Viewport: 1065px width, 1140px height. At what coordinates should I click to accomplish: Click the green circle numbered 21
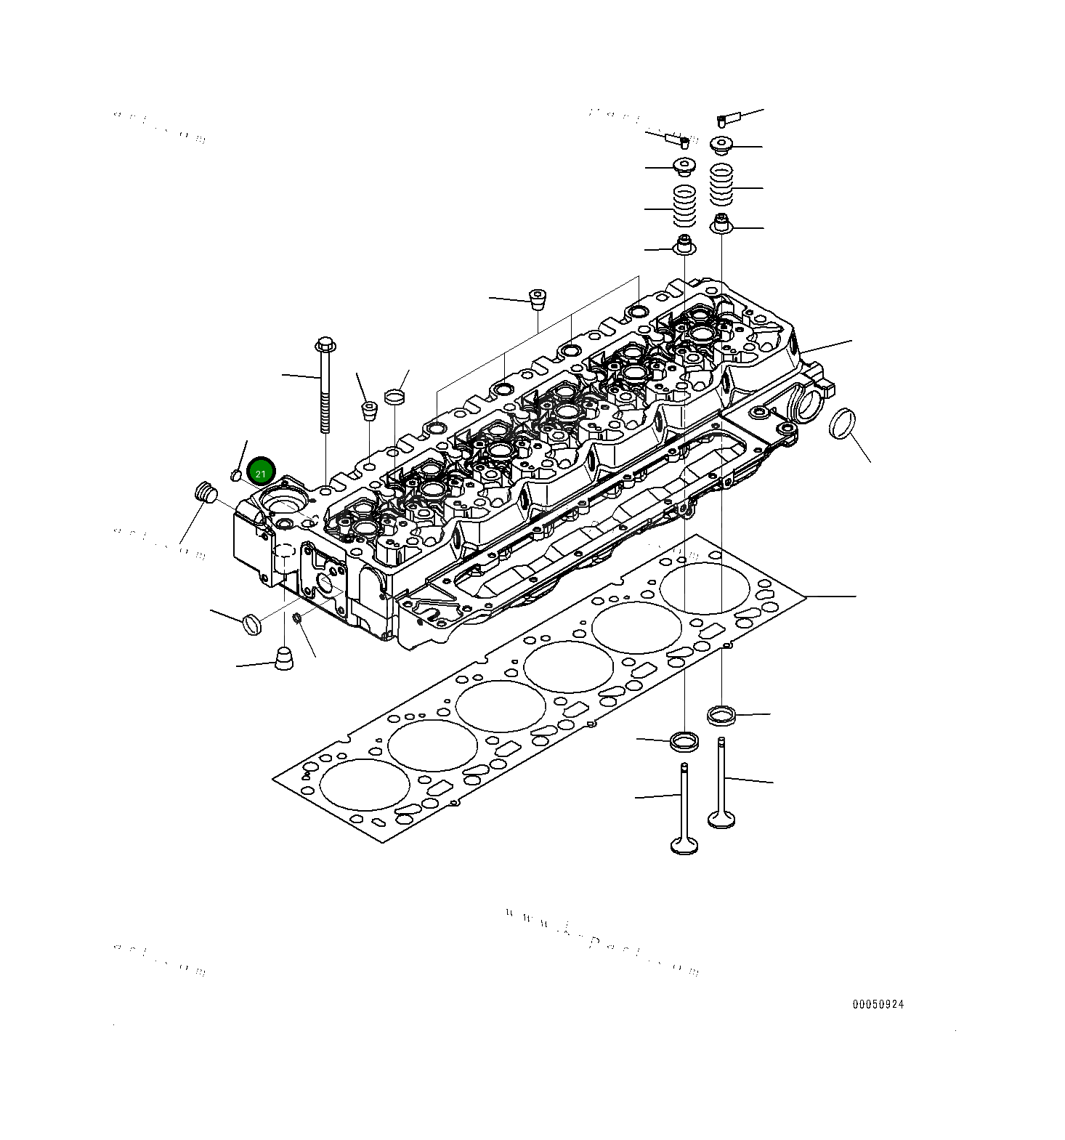[x=261, y=472]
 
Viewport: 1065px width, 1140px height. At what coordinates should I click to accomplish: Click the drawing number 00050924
[x=878, y=1004]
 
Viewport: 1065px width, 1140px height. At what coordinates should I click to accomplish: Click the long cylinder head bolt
[x=325, y=385]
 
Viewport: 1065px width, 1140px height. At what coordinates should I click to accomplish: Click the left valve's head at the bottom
[x=684, y=846]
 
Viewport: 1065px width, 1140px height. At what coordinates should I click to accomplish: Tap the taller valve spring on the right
[x=721, y=185]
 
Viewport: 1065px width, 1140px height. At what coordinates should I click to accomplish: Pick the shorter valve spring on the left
[x=685, y=206]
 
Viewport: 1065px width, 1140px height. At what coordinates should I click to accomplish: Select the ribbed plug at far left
[x=206, y=492]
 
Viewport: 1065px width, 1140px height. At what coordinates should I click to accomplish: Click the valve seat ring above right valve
[x=721, y=714]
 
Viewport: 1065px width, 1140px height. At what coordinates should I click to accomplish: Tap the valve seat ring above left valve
[x=684, y=742]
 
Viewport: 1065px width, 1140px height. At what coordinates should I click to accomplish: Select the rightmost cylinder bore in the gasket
[x=705, y=588]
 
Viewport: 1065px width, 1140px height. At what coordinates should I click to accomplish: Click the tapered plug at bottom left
[x=284, y=658]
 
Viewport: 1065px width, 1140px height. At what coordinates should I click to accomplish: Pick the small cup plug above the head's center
[x=537, y=299]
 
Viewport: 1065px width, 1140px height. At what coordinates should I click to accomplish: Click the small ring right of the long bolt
[x=394, y=397]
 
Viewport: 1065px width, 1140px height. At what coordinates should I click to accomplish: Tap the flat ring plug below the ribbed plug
[x=251, y=623]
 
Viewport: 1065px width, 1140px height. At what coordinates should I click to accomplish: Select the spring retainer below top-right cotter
[x=721, y=145]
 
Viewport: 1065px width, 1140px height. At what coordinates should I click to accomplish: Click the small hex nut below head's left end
[x=296, y=618]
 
